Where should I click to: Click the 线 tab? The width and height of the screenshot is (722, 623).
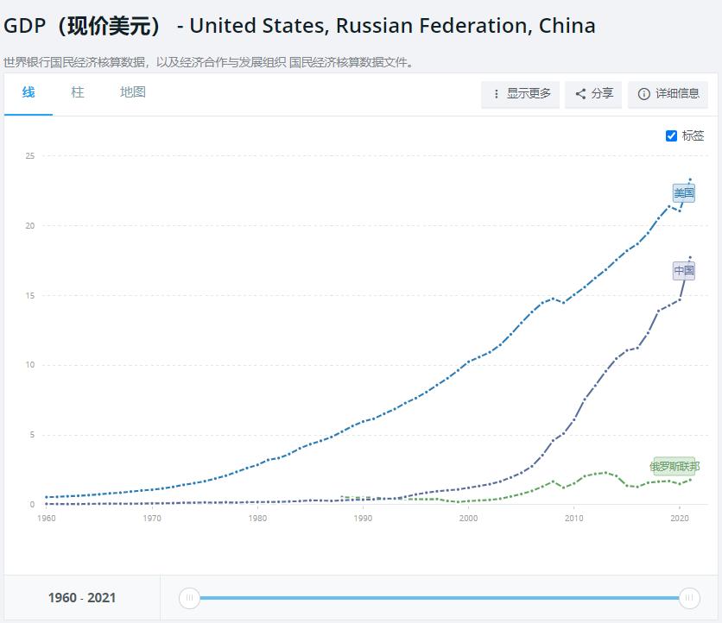point(28,92)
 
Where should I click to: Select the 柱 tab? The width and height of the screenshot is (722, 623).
point(78,92)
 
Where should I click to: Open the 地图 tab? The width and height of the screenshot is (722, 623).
point(133,92)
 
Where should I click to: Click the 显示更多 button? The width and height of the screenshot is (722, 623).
point(521,94)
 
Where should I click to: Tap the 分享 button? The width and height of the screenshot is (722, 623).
point(594,94)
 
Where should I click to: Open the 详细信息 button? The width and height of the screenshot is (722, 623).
point(668,94)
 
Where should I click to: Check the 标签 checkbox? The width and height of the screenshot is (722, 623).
point(672,135)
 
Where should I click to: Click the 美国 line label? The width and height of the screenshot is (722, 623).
point(684,193)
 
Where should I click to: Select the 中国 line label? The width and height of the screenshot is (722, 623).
point(684,271)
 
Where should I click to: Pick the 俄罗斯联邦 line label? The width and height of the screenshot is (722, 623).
point(674,467)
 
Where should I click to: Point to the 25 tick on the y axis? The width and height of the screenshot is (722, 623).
point(29,156)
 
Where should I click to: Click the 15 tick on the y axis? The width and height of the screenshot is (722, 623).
point(29,296)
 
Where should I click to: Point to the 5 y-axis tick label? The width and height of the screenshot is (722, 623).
point(31,435)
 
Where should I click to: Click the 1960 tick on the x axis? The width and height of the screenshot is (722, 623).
point(47,519)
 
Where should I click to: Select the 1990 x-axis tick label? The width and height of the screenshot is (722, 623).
point(363,519)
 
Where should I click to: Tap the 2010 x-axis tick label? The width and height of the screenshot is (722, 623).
point(573,519)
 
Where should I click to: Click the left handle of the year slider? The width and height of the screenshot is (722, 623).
point(190,597)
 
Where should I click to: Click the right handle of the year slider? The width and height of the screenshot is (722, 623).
point(689,597)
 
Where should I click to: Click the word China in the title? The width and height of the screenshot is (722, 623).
point(567,26)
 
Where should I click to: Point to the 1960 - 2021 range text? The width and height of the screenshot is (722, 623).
point(82,598)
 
